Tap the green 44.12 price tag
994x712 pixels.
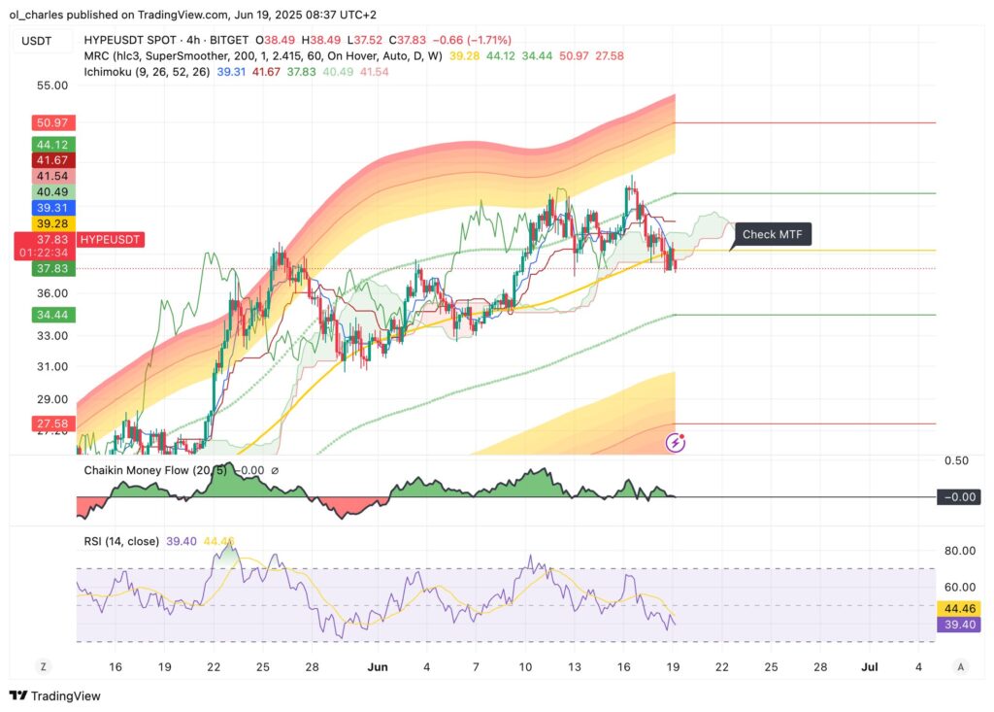(47, 144)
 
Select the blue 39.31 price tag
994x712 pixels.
(47, 208)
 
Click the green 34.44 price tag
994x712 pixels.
(47, 315)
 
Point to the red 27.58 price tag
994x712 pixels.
(47, 424)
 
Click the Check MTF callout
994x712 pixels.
(772, 234)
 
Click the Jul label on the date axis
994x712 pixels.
(870, 667)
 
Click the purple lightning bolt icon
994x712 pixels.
(676, 443)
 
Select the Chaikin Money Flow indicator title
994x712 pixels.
(141, 471)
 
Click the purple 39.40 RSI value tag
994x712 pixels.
(957, 625)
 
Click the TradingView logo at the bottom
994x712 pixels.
(55, 695)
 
